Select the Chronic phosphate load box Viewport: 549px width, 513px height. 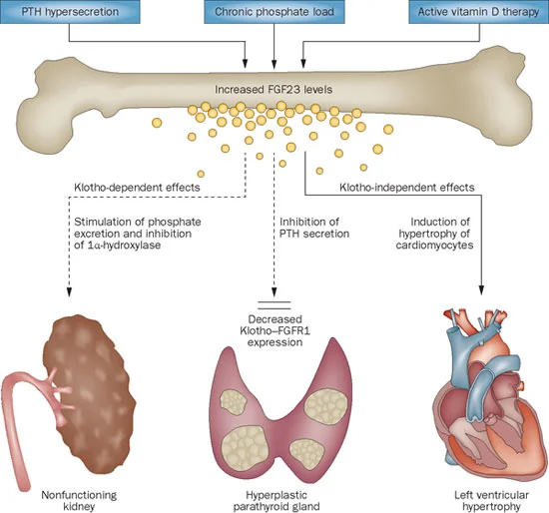point(274,11)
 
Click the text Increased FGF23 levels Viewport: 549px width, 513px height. point(274,89)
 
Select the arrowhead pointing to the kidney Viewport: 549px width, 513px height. point(68,290)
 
